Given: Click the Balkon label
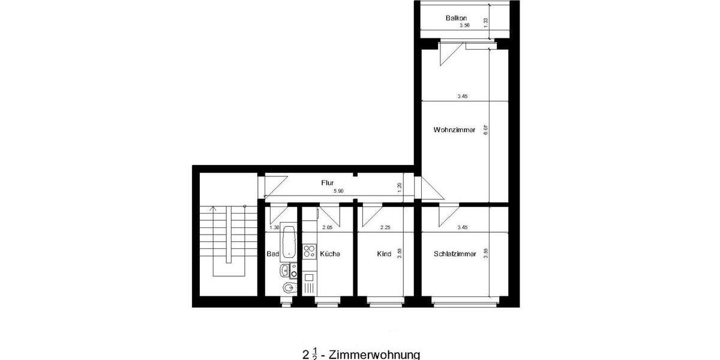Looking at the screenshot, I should click(456, 19).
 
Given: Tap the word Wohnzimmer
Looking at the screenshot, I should click(454, 130).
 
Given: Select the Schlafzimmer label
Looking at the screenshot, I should click(455, 254).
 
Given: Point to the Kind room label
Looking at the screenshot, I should click(384, 254).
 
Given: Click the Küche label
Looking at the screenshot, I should click(330, 254).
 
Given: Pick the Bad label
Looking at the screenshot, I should click(273, 254).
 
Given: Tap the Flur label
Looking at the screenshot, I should click(327, 182).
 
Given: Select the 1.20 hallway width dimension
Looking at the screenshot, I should click(400, 187).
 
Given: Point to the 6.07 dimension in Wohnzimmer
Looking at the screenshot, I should click(486, 129).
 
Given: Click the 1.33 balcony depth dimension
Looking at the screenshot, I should click(486, 21).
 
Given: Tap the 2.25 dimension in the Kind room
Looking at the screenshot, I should click(385, 227).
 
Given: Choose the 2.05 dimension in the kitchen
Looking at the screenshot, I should click(327, 227).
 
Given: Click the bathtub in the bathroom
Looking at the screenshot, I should click(289, 242).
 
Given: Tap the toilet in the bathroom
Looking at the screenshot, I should click(287, 289).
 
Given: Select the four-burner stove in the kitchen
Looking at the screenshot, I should click(309, 250).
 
